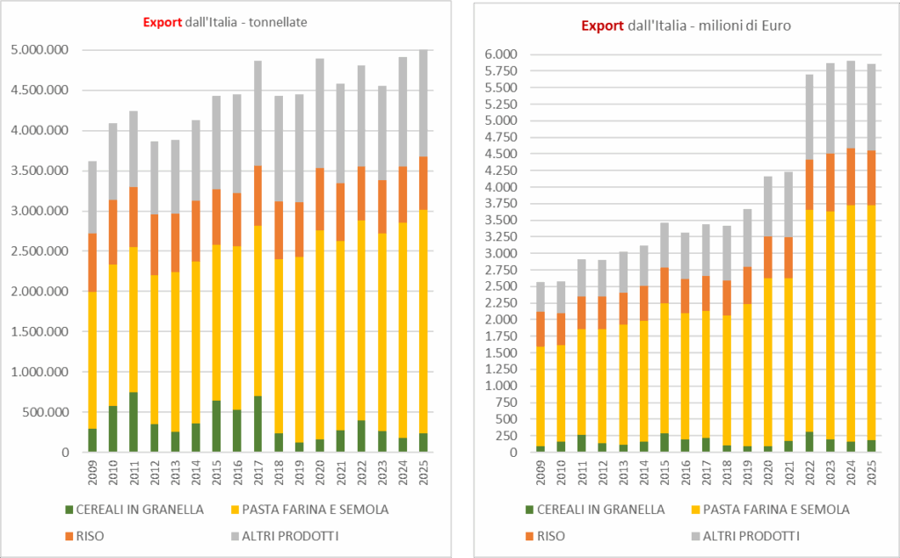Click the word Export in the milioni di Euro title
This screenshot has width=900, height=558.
click(602, 25)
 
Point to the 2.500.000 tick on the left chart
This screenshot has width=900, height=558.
click(40, 251)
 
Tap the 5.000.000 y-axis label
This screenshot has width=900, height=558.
click(40, 51)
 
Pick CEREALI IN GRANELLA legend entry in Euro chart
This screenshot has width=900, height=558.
click(599, 509)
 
